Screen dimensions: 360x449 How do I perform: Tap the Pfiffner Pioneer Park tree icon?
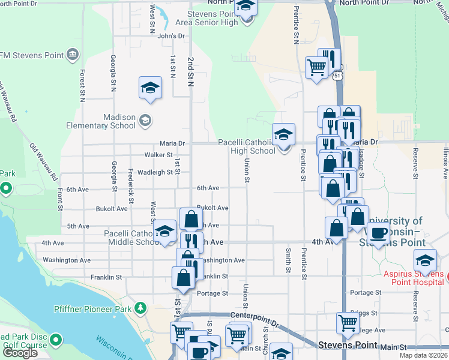(x=140, y=308)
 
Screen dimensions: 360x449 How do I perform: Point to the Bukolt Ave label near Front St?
(x=112, y=209)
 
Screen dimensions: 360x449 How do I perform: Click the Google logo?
(x=20, y=353)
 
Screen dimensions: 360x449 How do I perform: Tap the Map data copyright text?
(x=423, y=356)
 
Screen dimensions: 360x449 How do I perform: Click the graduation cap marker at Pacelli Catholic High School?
(x=283, y=134)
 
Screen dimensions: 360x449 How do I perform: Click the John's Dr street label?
(x=171, y=36)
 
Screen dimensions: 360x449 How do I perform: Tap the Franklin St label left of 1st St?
(x=106, y=277)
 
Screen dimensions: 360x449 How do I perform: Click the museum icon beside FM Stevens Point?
(x=73, y=55)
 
